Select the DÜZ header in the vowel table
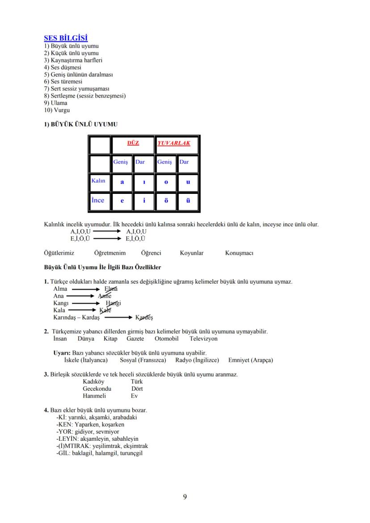(133, 143)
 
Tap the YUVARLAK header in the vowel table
(173, 143)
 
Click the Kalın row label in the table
(98, 180)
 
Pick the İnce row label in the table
(98, 200)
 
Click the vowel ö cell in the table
(166, 201)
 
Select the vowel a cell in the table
(122, 182)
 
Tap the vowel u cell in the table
(188, 182)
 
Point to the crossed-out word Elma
(111, 289)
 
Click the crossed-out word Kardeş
(144, 318)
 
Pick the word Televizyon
(203, 339)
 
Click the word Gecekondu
(97, 389)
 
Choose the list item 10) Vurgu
(57, 110)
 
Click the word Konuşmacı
(239, 253)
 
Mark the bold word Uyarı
(62, 353)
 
